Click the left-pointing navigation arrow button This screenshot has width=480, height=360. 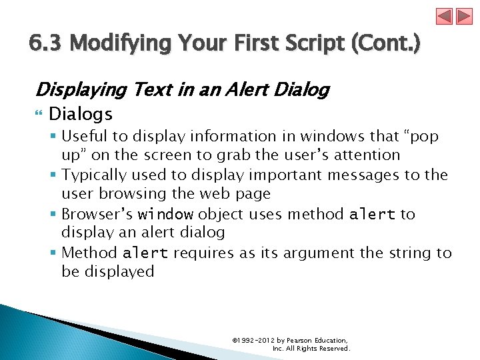tap(444, 17)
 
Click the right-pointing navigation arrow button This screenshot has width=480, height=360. tap(465, 17)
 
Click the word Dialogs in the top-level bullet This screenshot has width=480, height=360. tap(81, 114)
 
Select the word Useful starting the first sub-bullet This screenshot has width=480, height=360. tap(85, 136)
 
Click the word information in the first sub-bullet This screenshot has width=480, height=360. tap(221, 136)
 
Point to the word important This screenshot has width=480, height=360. tap(291, 175)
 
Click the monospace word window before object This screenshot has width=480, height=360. tap(165, 215)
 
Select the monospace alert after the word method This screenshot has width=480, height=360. tap(372, 215)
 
